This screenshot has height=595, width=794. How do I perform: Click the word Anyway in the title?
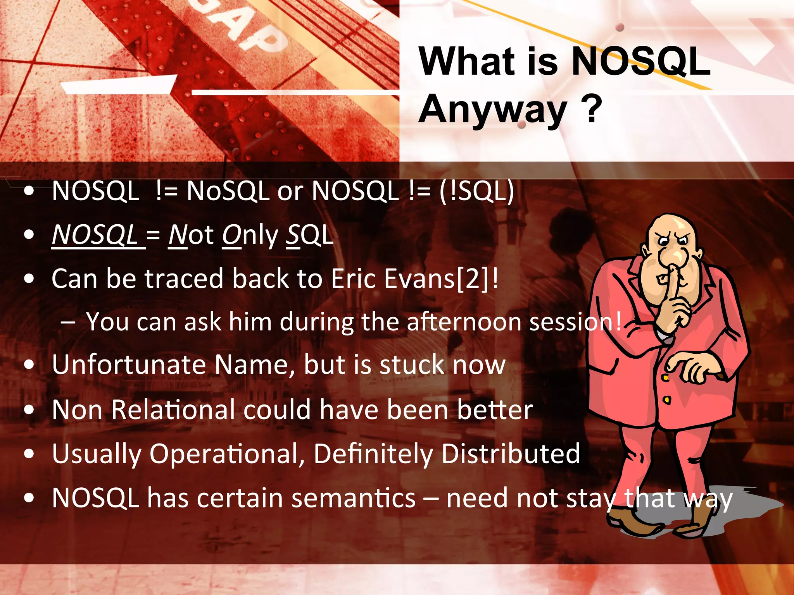492,110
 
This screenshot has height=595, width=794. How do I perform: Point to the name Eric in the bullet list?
354,279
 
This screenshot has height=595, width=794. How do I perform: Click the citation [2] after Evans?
473,279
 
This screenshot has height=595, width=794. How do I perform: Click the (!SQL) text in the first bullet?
477,191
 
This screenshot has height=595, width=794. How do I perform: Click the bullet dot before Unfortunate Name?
29,365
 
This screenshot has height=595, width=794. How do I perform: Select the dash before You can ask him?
68,322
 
